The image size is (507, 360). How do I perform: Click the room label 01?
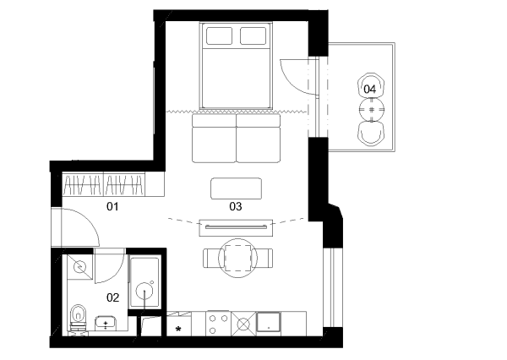[x=112, y=206]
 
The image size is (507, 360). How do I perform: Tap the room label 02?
[x=113, y=297]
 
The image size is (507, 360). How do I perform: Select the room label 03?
[x=236, y=206]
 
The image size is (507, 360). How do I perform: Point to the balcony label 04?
[x=370, y=89]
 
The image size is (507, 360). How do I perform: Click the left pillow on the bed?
[x=219, y=35]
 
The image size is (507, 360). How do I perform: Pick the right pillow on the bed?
[x=253, y=35]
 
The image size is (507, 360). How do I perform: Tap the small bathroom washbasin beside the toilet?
[x=106, y=323]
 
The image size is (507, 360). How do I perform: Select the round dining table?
[x=238, y=258]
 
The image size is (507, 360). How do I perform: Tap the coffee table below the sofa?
[x=237, y=188]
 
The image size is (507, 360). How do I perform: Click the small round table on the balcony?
[x=372, y=110]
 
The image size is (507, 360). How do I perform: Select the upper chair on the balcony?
[x=371, y=85]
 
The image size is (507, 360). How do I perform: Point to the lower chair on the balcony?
[x=372, y=134]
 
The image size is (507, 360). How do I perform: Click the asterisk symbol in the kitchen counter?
[x=178, y=330]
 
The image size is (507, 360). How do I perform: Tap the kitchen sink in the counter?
[x=269, y=322]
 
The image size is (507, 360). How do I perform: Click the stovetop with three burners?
[x=218, y=324]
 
